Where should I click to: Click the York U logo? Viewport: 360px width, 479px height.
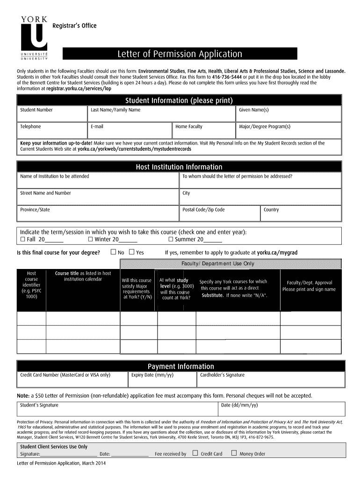point(34,38)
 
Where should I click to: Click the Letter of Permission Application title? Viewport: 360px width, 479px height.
point(180,54)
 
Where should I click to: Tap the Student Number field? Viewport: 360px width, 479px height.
point(52,114)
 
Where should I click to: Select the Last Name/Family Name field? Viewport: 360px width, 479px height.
point(161,114)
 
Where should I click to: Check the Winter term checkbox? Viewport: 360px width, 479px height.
point(90,239)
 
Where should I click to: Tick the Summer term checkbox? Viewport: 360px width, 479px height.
point(171,239)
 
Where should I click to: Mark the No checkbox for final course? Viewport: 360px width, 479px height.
point(113,252)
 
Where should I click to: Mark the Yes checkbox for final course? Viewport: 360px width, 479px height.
point(131,252)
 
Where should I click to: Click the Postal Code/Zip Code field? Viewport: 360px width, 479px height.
point(219,213)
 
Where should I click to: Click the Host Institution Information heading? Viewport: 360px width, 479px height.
point(179,167)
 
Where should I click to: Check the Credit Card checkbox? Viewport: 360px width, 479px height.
point(195,453)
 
